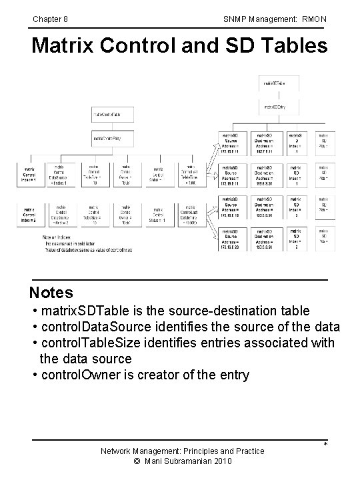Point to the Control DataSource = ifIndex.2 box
click(61, 215)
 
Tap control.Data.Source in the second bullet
click(89, 327)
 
